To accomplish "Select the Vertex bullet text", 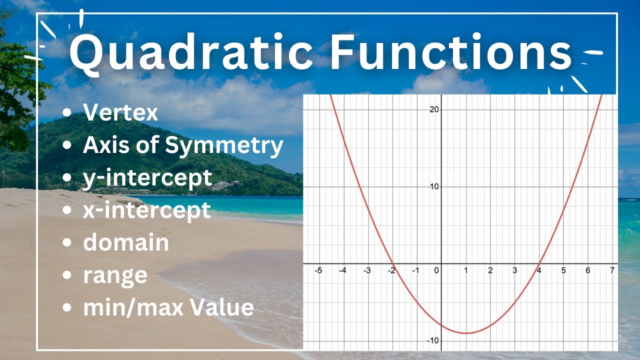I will pyautogui.click(x=120, y=113).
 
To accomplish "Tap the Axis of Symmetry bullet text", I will pyautogui.click(x=183, y=145).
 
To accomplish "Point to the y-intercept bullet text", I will pyautogui.click(x=147, y=178).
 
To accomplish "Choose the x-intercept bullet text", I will pyautogui.click(x=146, y=210).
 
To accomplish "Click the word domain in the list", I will pyautogui.click(x=125, y=242).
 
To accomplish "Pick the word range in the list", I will pyautogui.click(x=115, y=275).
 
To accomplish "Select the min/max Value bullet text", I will pyautogui.click(x=168, y=307).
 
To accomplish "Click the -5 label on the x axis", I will pyautogui.click(x=317, y=270).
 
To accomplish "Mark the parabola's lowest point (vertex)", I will pyautogui.click(x=466, y=333).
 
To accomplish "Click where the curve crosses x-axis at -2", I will pyautogui.click(x=392, y=263).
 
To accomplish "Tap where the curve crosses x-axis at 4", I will pyautogui.click(x=539, y=263).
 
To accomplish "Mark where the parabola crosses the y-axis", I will pyautogui.click(x=441, y=325).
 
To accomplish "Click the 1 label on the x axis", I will pyautogui.click(x=466, y=270).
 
